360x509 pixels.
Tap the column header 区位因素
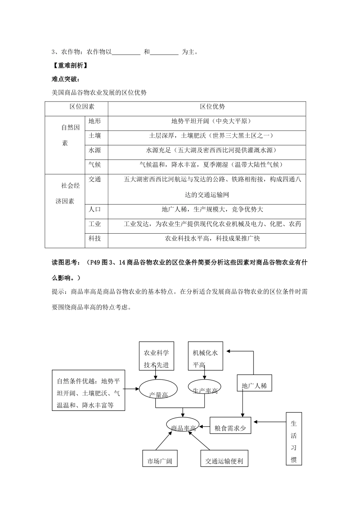point(82,107)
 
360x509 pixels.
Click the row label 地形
point(95,121)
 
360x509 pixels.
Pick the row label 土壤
point(95,136)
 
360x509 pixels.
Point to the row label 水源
point(95,150)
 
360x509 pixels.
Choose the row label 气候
point(95,165)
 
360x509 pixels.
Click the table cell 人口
point(95,209)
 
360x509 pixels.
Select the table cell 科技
point(95,239)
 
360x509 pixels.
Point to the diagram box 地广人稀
point(254,386)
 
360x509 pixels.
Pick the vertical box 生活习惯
point(294,439)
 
